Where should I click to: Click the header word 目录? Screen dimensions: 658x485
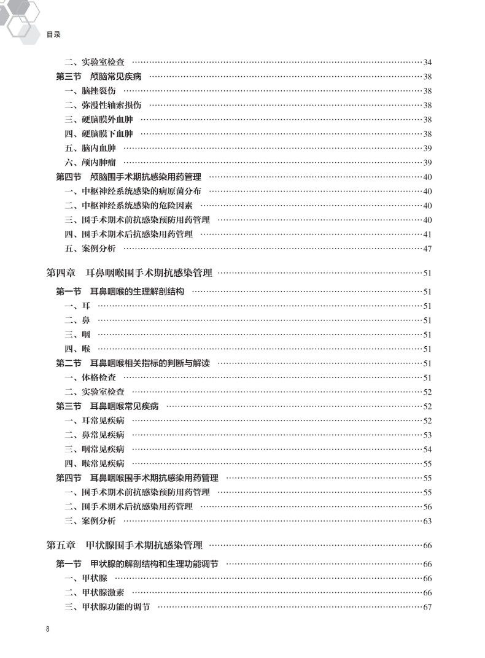point(53,35)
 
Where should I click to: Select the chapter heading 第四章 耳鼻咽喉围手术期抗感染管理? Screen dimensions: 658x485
point(130,273)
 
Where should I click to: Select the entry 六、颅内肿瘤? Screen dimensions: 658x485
point(90,163)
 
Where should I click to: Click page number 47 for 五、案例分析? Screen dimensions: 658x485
point(428,249)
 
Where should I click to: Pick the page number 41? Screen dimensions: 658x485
point(428,234)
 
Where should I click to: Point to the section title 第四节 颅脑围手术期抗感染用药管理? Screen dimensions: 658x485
point(129,177)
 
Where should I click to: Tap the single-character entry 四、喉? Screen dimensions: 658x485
point(77,349)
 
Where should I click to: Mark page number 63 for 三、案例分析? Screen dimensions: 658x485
point(428,521)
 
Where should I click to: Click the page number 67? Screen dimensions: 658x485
point(428,607)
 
